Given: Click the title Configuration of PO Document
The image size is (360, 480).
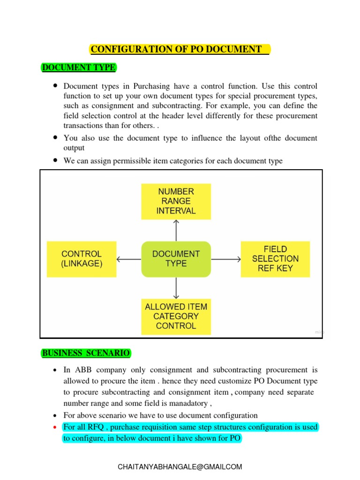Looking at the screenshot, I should point(180,49).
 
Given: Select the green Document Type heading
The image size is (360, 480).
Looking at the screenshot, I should point(78,67).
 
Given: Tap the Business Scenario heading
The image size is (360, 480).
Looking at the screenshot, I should point(86,353).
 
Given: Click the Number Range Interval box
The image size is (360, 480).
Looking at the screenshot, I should point(176,201).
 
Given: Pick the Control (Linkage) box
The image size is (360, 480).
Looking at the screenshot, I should point(82,259).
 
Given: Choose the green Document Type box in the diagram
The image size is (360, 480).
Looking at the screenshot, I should point(176,259).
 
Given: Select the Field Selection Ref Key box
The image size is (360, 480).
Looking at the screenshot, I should point(275,259).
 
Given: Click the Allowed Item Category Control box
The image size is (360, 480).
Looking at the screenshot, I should point(176,316).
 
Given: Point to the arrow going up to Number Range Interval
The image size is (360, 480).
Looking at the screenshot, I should point(176,230).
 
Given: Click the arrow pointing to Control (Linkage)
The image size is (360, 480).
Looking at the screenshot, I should point(128,259).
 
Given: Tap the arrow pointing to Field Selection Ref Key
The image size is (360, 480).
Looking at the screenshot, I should point(226,259).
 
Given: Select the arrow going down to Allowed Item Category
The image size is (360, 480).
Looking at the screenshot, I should point(176,288).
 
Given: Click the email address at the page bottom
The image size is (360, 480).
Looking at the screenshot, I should point(180,467).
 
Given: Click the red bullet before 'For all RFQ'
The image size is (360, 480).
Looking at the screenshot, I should point(55,427).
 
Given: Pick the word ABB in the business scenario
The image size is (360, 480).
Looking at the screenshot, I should point(81,370).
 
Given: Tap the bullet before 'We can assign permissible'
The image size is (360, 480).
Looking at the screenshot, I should point(55,160).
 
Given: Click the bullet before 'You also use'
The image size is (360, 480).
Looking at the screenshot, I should point(55,138).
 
